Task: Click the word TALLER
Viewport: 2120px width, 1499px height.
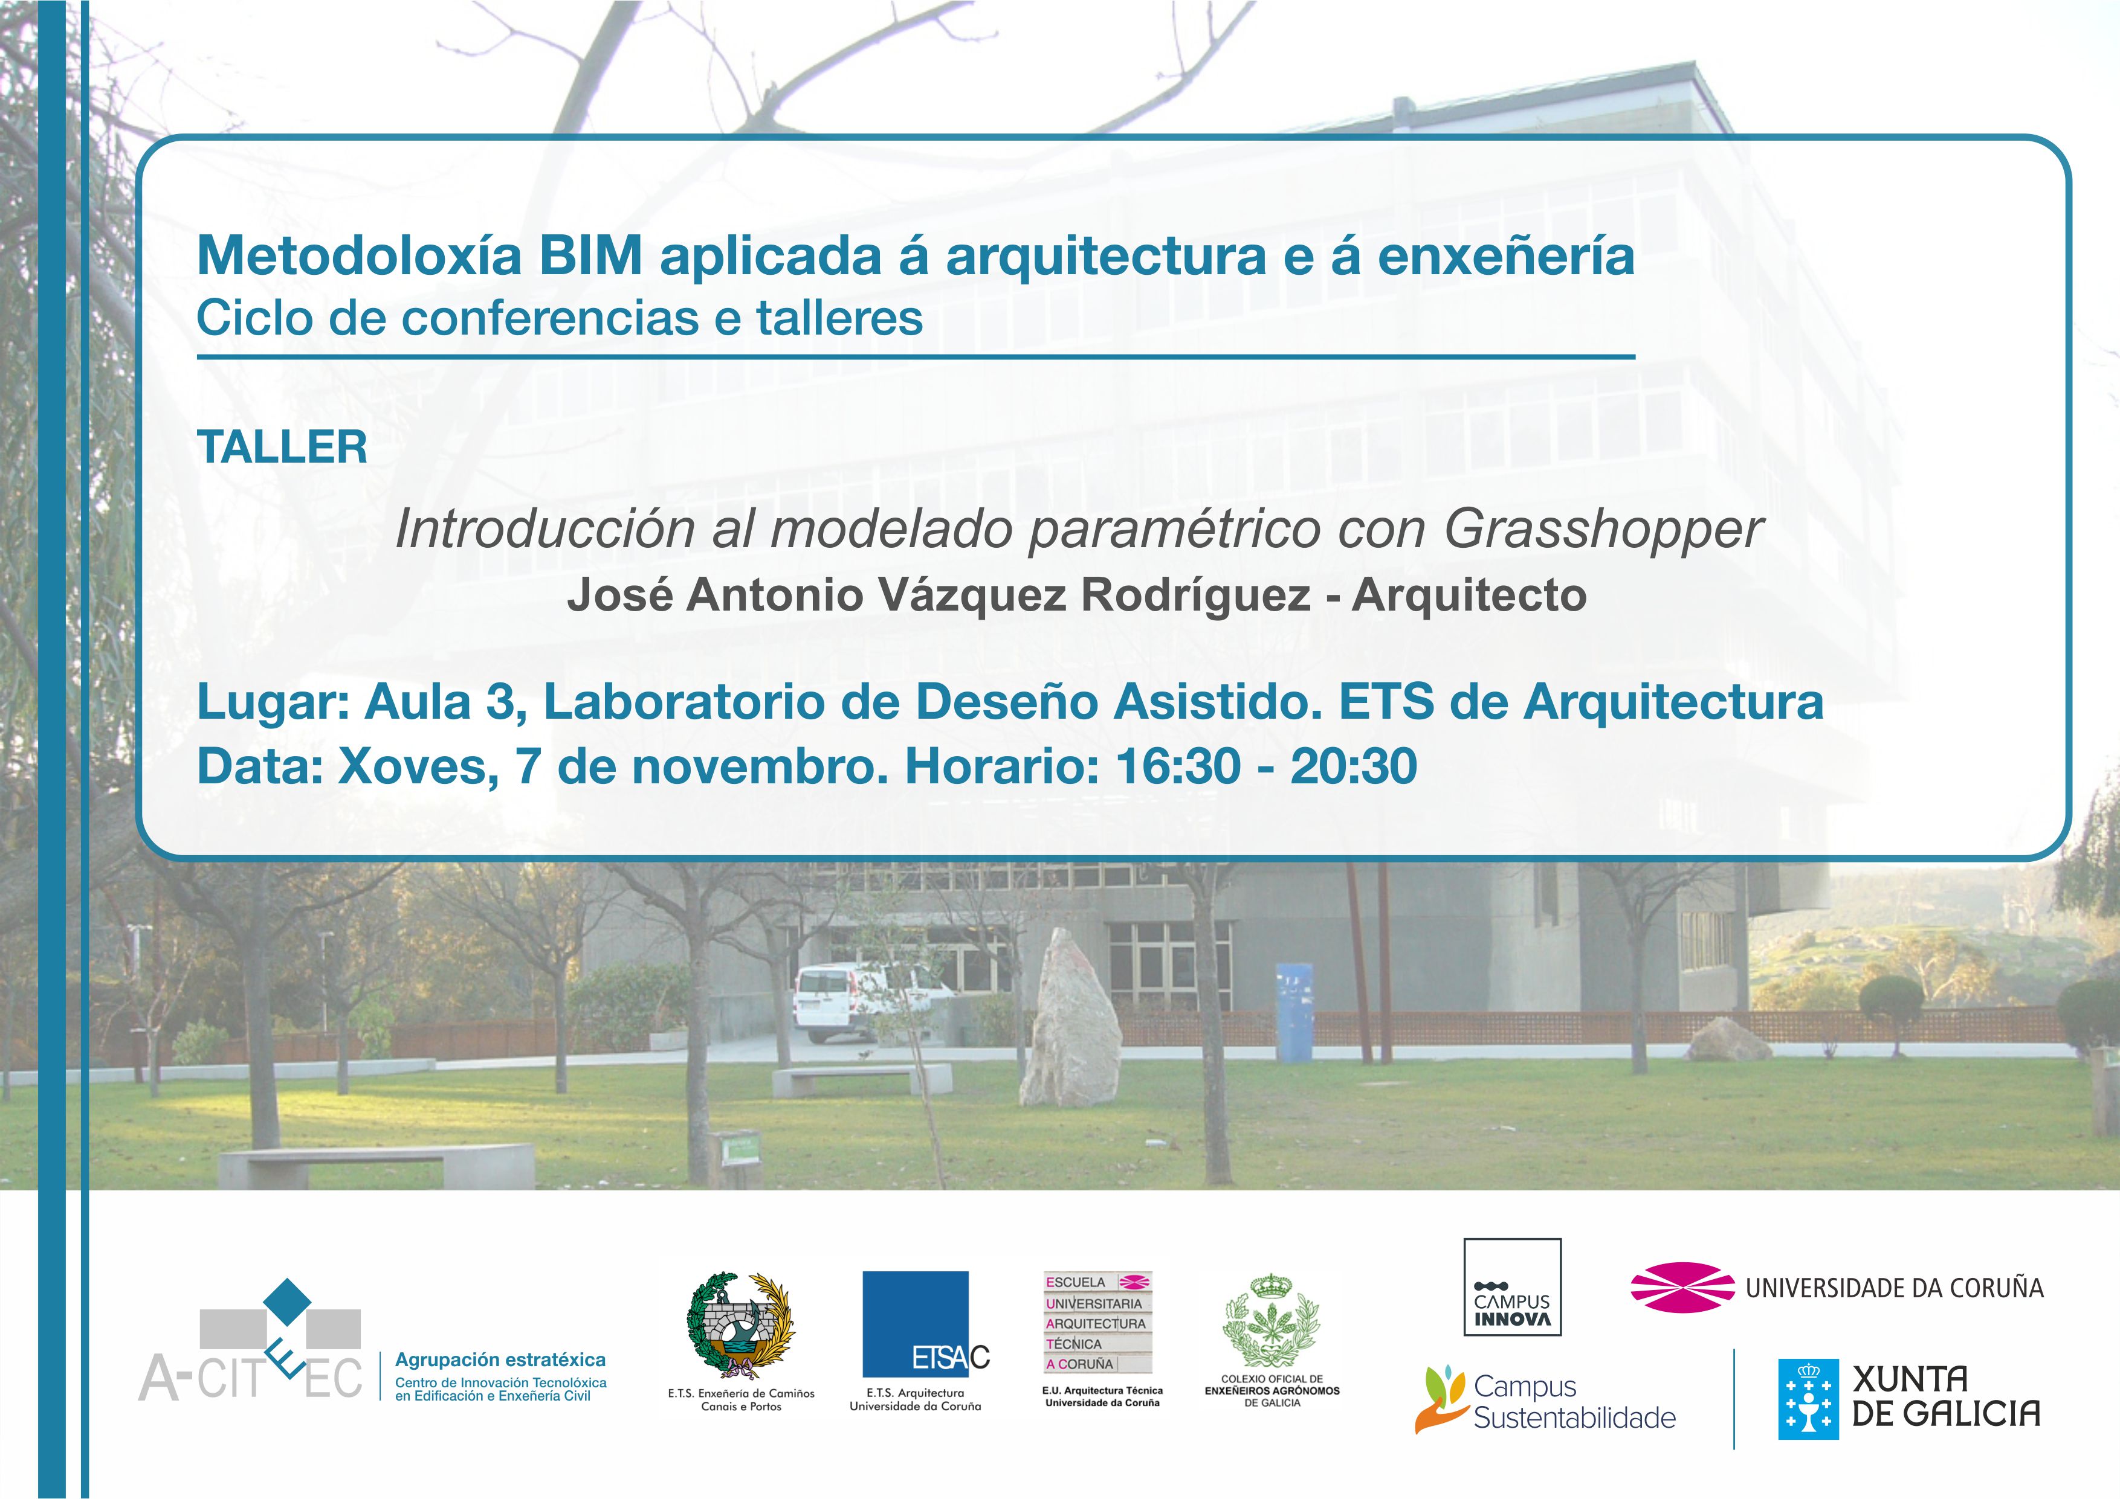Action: [x=283, y=448]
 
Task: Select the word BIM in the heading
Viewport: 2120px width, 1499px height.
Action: [x=591, y=255]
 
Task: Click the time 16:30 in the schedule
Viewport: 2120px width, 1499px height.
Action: [x=1178, y=767]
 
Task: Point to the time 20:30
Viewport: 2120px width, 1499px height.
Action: [x=1354, y=767]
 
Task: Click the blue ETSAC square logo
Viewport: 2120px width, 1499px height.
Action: [x=916, y=1324]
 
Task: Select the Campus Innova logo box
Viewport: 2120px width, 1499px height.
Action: [x=1513, y=1286]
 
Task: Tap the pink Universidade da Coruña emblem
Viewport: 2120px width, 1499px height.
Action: [x=1682, y=1286]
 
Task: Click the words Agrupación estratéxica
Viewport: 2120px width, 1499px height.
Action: [x=500, y=1359]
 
